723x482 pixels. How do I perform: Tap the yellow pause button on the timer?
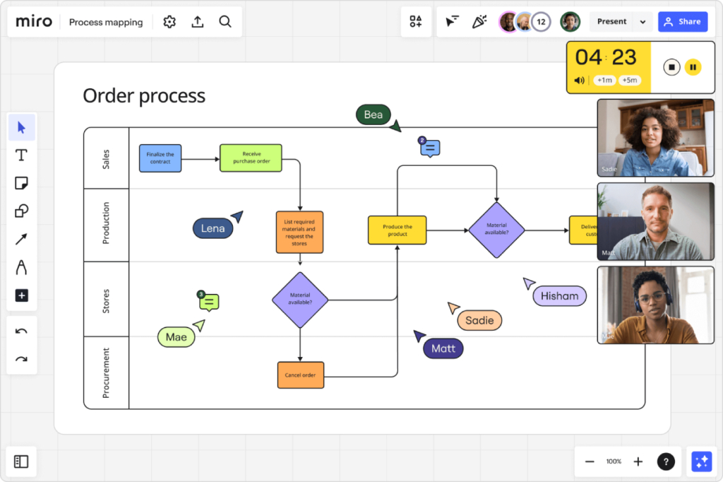pyautogui.click(x=693, y=67)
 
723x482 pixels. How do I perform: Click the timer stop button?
pyautogui.click(x=671, y=67)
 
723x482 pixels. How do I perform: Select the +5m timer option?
pyautogui.click(x=629, y=80)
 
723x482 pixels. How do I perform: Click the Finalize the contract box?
pyautogui.click(x=160, y=158)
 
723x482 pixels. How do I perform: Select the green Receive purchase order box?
pyautogui.click(x=251, y=158)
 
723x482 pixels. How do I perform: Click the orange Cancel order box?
pyautogui.click(x=300, y=375)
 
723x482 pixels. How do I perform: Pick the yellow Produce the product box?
pyautogui.click(x=397, y=230)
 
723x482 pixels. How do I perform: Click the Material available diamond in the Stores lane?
pyautogui.click(x=300, y=300)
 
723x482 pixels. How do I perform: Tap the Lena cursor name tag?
pyautogui.click(x=213, y=228)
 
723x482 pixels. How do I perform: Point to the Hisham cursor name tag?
pyautogui.click(x=559, y=296)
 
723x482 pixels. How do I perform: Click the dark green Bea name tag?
pyautogui.click(x=373, y=114)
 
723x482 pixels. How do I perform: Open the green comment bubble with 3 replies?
pyautogui.click(x=208, y=302)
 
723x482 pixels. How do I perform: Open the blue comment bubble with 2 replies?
pyautogui.click(x=429, y=148)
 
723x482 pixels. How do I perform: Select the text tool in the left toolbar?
pyautogui.click(x=21, y=155)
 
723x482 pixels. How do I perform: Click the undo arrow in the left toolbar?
pyautogui.click(x=21, y=331)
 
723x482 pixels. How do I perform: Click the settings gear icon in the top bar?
pyautogui.click(x=169, y=22)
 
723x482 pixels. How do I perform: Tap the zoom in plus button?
pyautogui.click(x=638, y=462)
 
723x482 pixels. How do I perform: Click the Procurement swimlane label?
pyautogui.click(x=106, y=372)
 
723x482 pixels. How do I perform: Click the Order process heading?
pyautogui.click(x=144, y=96)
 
